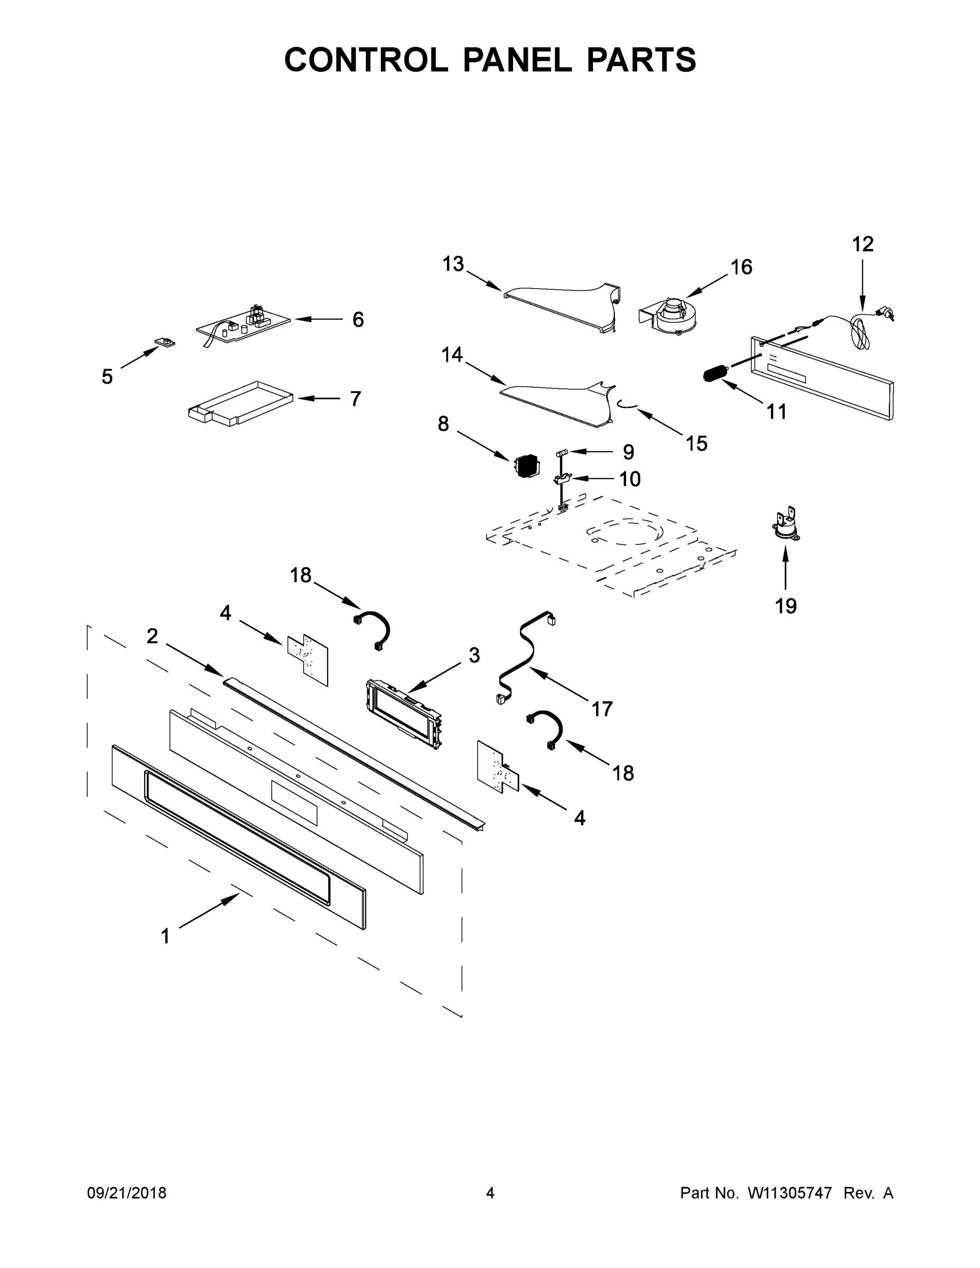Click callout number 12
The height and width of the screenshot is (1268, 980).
862,245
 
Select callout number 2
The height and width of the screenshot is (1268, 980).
152,636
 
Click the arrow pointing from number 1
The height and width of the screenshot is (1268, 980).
209,911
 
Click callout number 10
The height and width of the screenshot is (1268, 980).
629,479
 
